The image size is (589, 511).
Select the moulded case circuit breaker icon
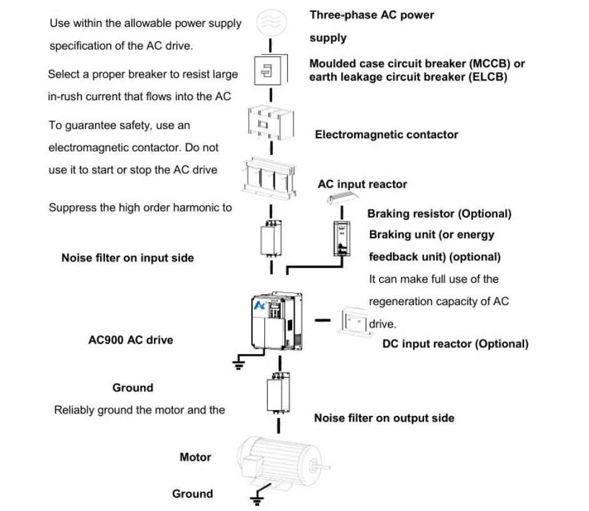point(270,70)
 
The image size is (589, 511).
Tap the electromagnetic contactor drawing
point(270,124)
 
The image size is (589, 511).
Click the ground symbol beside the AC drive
point(237,363)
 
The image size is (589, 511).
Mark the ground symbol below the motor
point(255,499)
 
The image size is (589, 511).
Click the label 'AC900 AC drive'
point(130,340)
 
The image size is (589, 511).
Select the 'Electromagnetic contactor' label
point(386,134)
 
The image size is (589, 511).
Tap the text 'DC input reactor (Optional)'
point(455,344)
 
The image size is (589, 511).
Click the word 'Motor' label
point(195,457)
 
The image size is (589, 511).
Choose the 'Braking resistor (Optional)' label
point(439,214)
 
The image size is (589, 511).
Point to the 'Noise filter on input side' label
point(127,258)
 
